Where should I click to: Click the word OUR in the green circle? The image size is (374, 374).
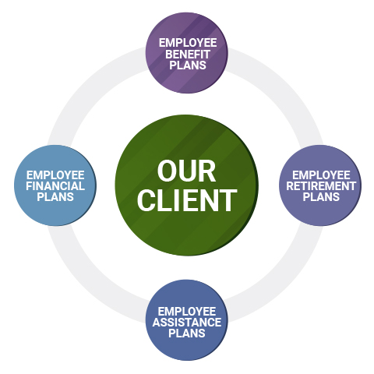tap(186, 171)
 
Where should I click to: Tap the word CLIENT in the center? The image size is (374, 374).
tap(187, 200)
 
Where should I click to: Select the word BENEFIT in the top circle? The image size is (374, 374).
tap(188, 55)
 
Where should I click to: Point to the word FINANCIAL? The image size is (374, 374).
tap(55, 186)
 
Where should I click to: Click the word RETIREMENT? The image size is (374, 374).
tap(321, 186)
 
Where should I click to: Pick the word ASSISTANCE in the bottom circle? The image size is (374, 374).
tap(187, 323)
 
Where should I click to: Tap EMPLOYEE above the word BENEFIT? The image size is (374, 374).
tap(188, 43)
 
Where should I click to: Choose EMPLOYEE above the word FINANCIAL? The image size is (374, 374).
tap(55, 175)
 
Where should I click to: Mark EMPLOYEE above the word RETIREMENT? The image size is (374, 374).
tap(321, 175)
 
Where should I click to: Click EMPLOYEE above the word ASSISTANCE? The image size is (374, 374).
tap(187, 312)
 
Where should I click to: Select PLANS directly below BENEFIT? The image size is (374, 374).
tap(188, 65)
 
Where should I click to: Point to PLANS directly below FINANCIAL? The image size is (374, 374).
tap(55, 197)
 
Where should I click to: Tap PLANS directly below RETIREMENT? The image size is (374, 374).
tap(321, 197)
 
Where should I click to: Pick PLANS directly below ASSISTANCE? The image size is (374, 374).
tap(187, 333)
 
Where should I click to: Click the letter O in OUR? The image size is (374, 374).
tap(168, 171)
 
